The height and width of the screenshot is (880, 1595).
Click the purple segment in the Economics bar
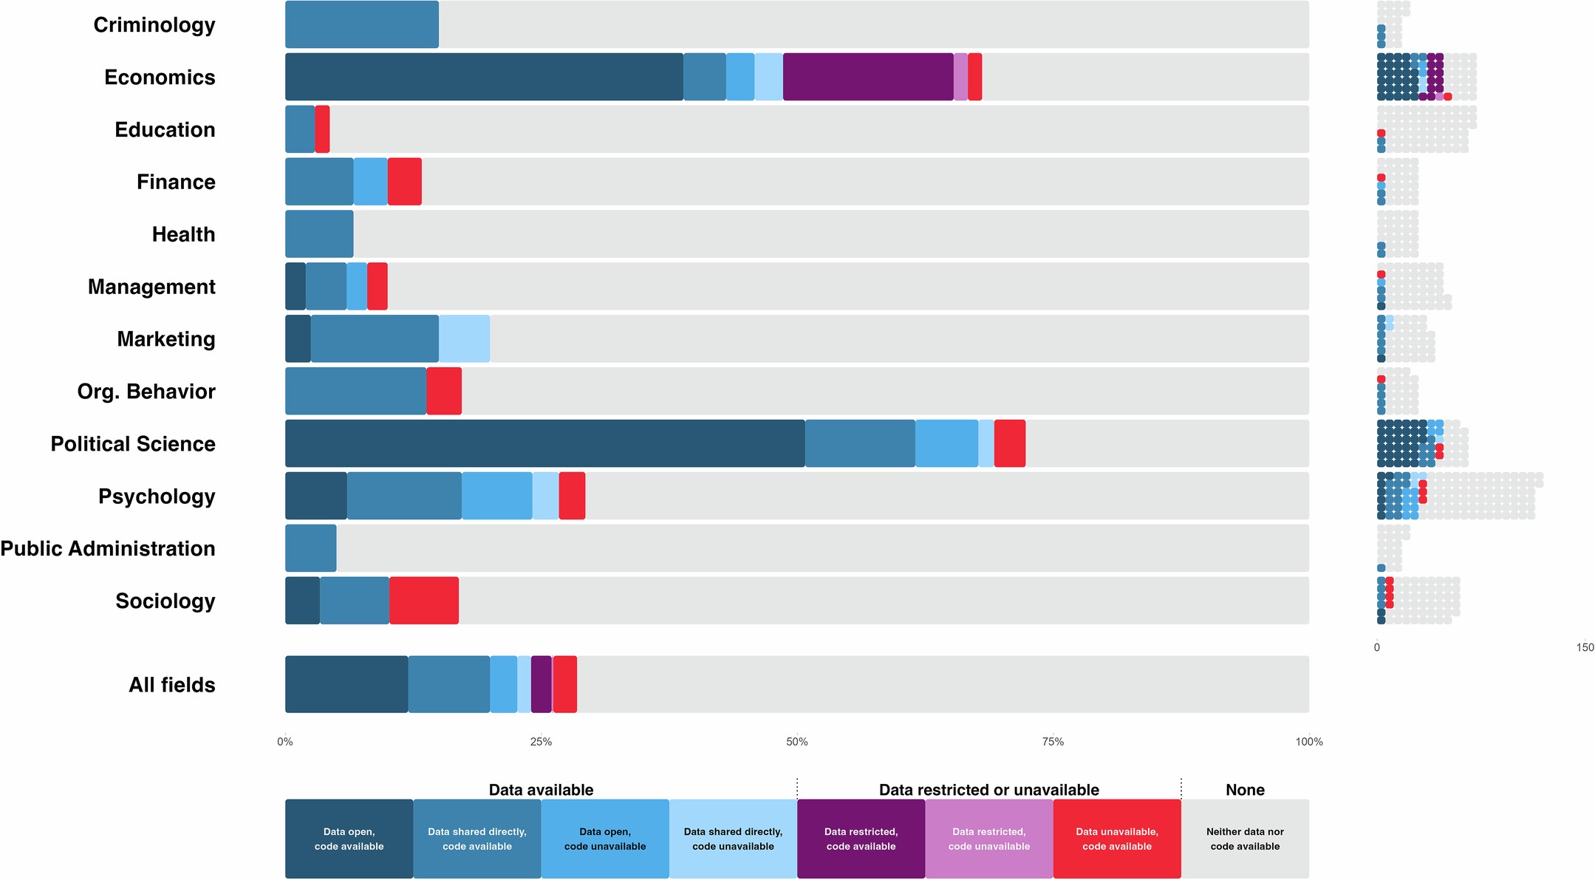pyautogui.click(x=867, y=77)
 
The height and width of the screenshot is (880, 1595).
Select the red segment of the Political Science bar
pyautogui.click(x=1009, y=443)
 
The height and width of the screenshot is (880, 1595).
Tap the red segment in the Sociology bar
pyautogui.click(x=423, y=601)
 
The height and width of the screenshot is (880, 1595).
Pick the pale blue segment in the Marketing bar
pyautogui.click(x=464, y=338)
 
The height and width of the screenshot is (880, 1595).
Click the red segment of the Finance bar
pyautogui.click(x=404, y=182)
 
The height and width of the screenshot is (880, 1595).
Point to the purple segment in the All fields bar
pyautogui.click(x=541, y=684)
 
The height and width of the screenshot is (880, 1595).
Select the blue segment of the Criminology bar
pyautogui.click(x=361, y=24)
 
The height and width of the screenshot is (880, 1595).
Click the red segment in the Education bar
pyautogui.click(x=322, y=129)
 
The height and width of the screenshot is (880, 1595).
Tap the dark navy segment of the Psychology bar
pyautogui.click(x=315, y=496)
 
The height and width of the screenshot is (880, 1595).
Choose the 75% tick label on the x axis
pyautogui.click(x=1053, y=742)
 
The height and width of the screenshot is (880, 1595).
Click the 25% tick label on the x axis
pyautogui.click(x=541, y=742)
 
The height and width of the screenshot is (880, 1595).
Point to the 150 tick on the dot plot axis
pyautogui.click(x=1585, y=647)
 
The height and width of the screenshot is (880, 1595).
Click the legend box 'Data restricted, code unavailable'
pyautogui.click(x=988, y=839)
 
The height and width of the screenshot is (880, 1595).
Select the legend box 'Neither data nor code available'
pyautogui.click(x=1245, y=839)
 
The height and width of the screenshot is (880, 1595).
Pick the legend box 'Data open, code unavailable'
pyautogui.click(x=604, y=839)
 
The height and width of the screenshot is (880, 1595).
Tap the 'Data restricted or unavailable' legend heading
pyautogui.click(x=988, y=790)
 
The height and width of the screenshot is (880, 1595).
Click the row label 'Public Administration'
pyautogui.click(x=108, y=548)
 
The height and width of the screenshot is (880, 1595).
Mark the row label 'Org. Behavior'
pyautogui.click(x=146, y=392)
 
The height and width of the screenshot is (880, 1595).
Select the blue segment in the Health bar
pyautogui.click(x=319, y=234)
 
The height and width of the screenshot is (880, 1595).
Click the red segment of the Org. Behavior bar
pyautogui.click(x=444, y=391)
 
